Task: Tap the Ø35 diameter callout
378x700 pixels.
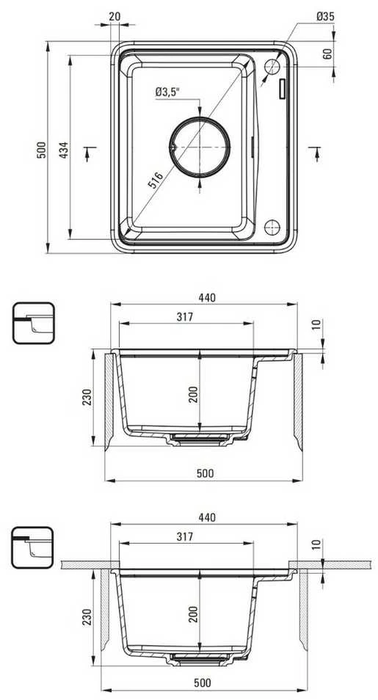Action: point(326,17)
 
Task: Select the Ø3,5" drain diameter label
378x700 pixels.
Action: point(167,92)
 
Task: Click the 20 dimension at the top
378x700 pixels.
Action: point(115,17)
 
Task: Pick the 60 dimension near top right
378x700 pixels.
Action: point(327,54)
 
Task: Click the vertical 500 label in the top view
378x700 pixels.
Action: point(41,150)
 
